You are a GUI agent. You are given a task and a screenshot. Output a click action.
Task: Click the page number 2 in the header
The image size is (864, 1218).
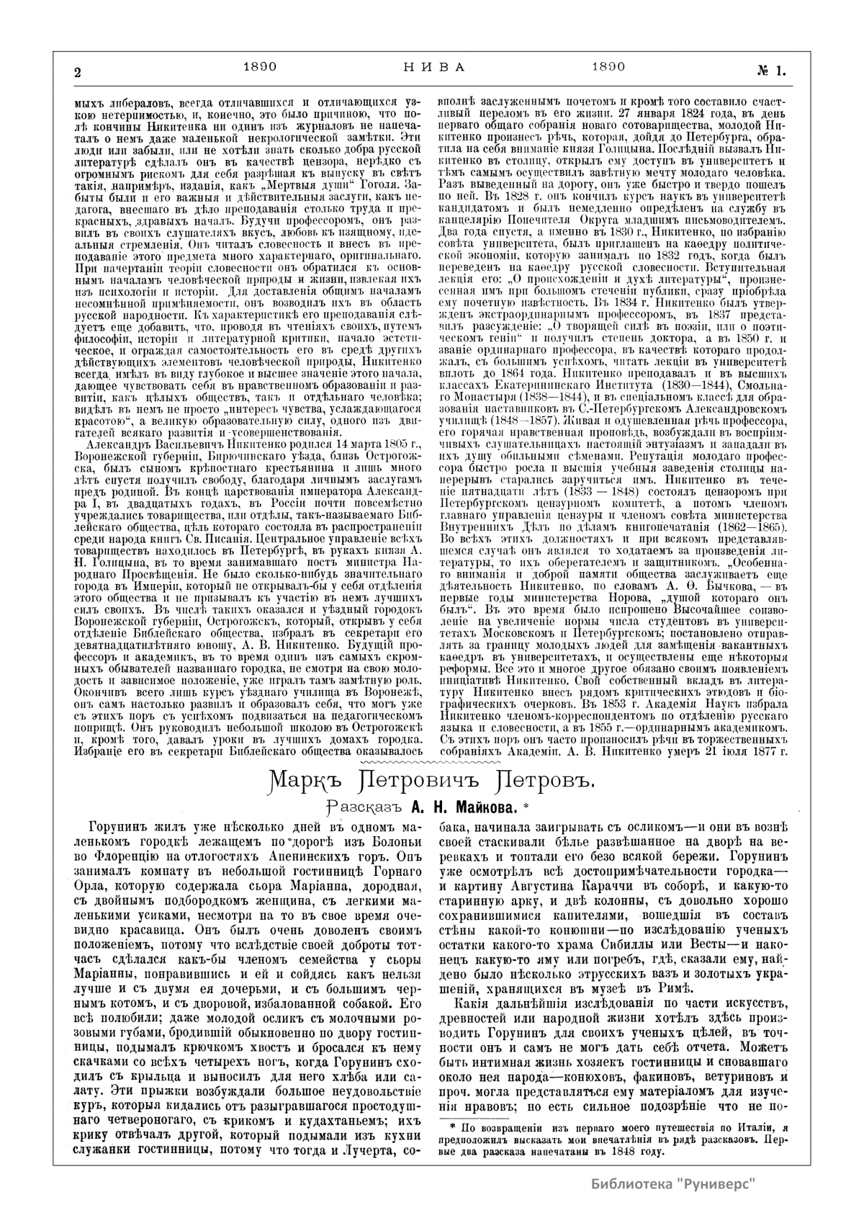point(77,71)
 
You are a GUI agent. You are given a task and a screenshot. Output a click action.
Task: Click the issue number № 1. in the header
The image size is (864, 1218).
point(770,70)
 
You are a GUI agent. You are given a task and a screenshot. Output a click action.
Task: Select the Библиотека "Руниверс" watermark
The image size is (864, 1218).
point(673,1183)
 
